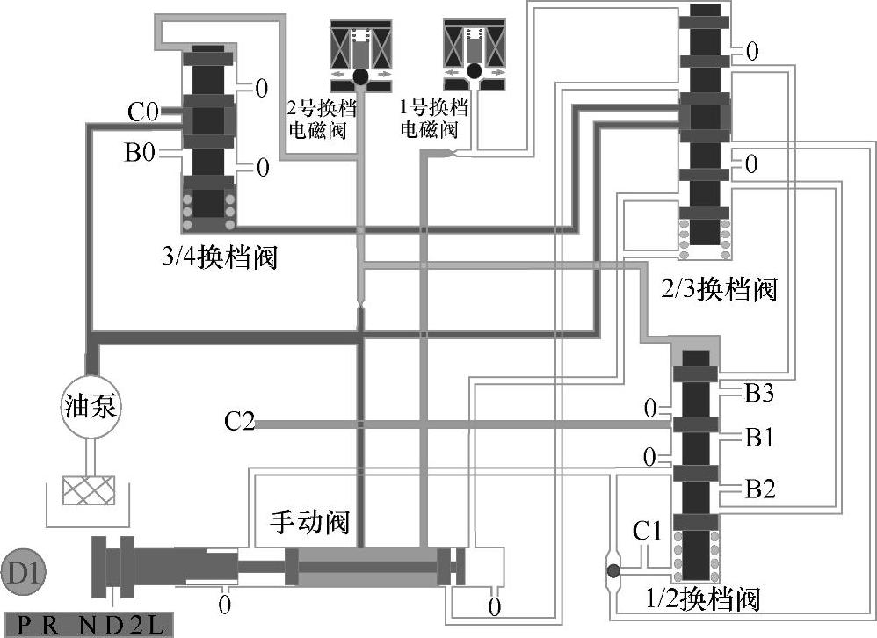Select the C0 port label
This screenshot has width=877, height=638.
(142, 112)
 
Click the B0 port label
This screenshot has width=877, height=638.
(140, 154)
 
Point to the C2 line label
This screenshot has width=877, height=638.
(239, 423)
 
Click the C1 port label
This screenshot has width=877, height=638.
(649, 531)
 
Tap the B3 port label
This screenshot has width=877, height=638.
(760, 393)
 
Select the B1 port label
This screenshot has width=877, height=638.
(760, 438)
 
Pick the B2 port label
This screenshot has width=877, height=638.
(760, 489)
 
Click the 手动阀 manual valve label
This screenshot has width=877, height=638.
(308, 523)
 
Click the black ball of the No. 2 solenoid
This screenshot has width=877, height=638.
(360, 78)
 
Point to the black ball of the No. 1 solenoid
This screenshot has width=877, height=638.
(475, 72)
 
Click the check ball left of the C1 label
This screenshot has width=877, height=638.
(613, 571)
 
